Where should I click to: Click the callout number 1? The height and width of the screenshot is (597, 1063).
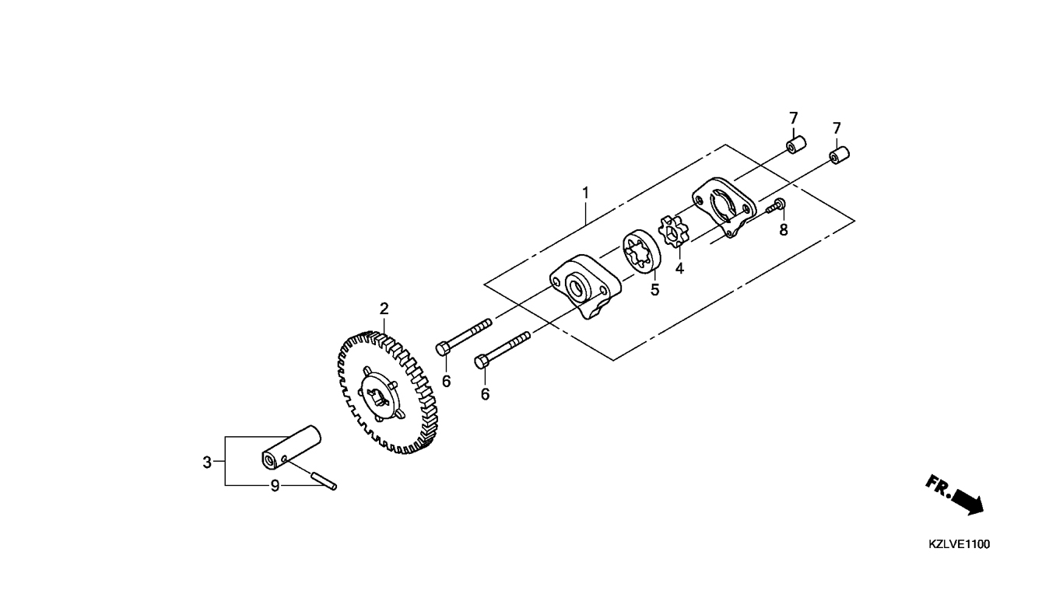586,193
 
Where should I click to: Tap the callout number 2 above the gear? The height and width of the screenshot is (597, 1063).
384,309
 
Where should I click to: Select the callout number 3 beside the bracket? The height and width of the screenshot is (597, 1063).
207,463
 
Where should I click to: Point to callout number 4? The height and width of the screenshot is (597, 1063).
679,268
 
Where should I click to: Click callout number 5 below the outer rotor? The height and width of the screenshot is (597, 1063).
655,290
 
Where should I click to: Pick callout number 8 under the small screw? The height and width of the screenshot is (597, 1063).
784,230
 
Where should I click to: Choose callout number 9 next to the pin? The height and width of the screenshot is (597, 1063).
275,486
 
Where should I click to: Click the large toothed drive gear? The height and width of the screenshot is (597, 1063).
388,393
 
